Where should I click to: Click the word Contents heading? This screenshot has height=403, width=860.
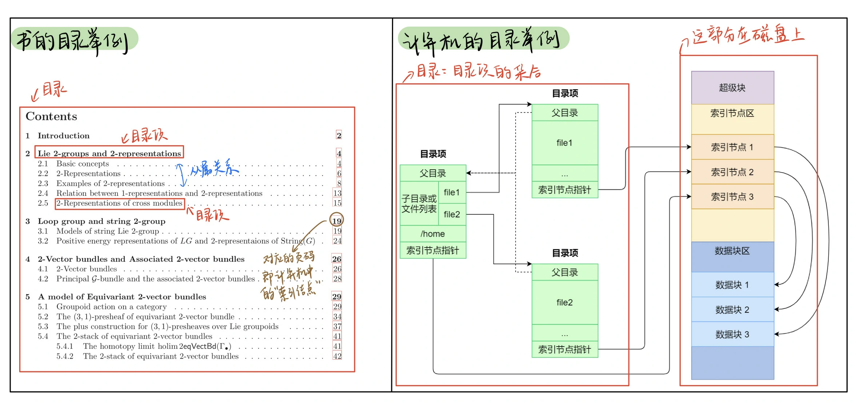(51, 116)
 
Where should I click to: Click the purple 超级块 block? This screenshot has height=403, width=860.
(732, 88)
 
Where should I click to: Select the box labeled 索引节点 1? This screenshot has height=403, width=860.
(732, 147)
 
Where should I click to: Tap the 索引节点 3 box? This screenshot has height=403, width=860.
(732, 197)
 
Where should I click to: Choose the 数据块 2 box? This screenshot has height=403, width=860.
(732, 309)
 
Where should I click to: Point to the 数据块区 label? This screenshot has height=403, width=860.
(732, 251)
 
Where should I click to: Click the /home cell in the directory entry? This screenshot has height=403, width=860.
(433, 234)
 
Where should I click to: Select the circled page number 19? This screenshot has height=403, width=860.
(336, 221)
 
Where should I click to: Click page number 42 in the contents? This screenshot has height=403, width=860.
(337, 356)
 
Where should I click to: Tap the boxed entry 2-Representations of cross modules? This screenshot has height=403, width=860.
(119, 203)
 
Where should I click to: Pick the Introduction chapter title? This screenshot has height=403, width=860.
(64, 136)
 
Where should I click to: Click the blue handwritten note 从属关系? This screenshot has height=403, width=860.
(214, 169)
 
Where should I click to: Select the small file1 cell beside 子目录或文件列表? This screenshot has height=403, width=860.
(452, 192)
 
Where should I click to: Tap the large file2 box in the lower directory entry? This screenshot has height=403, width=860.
(564, 302)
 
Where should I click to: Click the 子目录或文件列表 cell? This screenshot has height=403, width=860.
(419, 204)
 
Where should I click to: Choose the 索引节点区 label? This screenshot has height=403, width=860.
(732, 113)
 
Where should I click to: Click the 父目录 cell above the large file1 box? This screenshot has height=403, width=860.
(564, 113)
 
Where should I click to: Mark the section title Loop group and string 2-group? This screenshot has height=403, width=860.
(101, 221)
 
